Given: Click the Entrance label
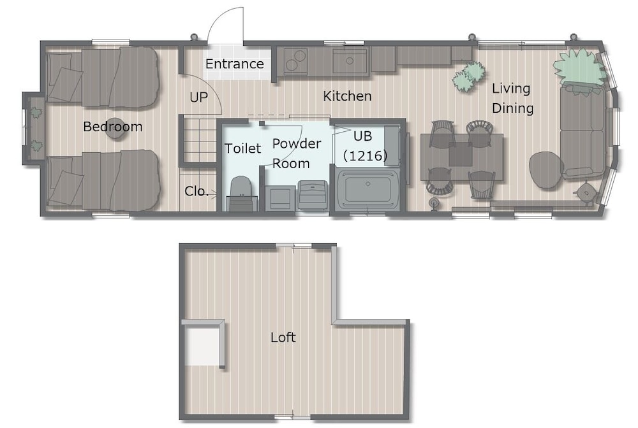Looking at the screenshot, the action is (234, 64).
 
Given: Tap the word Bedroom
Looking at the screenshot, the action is (113, 127).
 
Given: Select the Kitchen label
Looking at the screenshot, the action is (347, 96).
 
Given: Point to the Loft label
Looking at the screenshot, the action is (283, 338).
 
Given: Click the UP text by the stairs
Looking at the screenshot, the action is (198, 97).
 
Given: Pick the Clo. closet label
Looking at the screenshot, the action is (196, 191).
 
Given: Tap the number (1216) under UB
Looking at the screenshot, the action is (365, 155).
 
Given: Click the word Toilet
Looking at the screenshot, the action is (242, 148).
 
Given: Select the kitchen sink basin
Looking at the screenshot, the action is (350, 61).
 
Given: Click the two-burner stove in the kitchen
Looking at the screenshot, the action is (295, 61).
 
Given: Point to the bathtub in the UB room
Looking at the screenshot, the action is (367, 189).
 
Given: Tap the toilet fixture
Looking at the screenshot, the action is (242, 194).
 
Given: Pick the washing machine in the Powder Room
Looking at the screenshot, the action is (312, 196).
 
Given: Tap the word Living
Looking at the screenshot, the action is (510, 89).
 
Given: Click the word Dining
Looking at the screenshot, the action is (513, 108).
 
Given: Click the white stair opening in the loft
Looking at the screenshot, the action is (202, 345).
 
